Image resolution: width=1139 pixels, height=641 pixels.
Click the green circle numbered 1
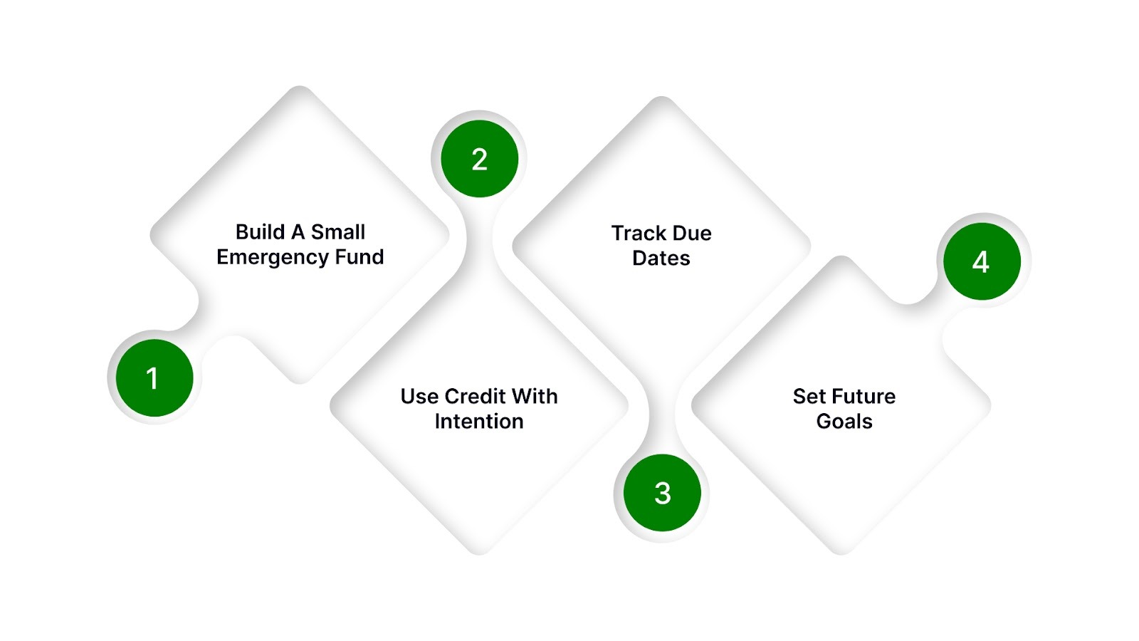[x=154, y=377]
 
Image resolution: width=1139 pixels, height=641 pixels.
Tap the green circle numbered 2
[x=479, y=159]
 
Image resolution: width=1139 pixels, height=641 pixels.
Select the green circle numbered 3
[x=662, y=493]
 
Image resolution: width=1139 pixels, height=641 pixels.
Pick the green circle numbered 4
[x=981, y=261]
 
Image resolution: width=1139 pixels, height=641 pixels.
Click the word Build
[x=260, y=232]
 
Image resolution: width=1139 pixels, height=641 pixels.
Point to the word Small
[x=338, y=232]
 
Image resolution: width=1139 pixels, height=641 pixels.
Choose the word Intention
[x=479, y=422]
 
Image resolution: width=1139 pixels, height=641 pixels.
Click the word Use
[x=419, y=396]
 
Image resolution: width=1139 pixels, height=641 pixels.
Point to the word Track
[x=639, y=234]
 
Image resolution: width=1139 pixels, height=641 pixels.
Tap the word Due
[x=692, y=234]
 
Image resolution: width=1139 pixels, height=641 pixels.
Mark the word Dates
[x=661, y=259]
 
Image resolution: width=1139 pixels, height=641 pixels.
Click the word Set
[x=809, y=396]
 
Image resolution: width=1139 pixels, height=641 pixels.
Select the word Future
[x=864, y=396]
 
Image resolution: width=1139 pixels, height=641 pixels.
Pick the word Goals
[x=844, y=422]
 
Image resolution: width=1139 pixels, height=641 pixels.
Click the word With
[x=535, y=396]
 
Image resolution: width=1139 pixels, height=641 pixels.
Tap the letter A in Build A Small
[x=298, y=232]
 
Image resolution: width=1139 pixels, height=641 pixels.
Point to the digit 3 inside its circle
[x=662, y=493]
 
